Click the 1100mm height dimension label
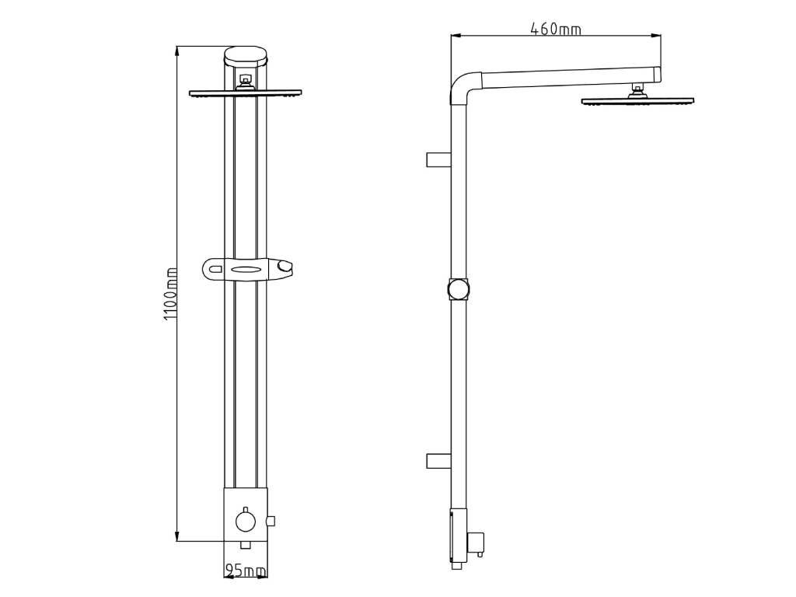(171, 294)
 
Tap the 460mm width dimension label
(556, 29)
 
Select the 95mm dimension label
(245, 571)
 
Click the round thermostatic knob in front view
(246, 521)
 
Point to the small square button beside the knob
(271, 521)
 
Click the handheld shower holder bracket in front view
(247, 270)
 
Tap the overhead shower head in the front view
(246, 93)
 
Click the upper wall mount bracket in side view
(438, 159)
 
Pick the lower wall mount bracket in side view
(438, 461)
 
